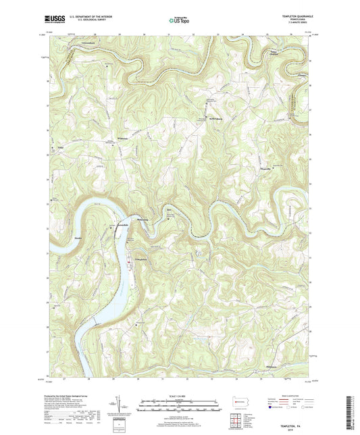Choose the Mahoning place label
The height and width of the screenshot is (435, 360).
coord(143,220)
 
